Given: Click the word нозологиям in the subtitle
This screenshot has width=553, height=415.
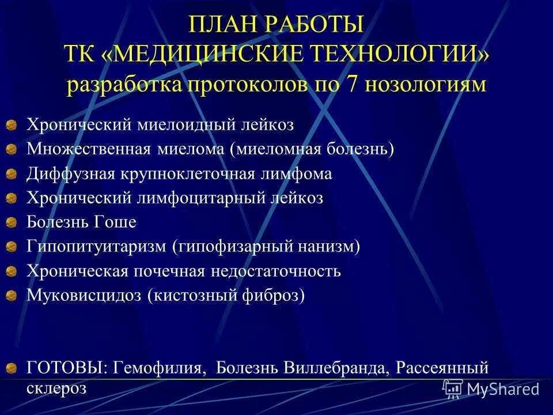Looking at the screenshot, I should pos(427,85).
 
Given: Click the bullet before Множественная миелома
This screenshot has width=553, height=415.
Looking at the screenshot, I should pos(12,150).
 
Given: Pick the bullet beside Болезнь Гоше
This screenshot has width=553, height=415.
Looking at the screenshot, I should pos(12,222).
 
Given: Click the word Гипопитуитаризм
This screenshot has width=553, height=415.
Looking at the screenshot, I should pos(96,247).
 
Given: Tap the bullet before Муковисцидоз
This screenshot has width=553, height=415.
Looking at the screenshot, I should pos(12,296).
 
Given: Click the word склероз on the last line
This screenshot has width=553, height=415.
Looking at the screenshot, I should pos(56,388).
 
